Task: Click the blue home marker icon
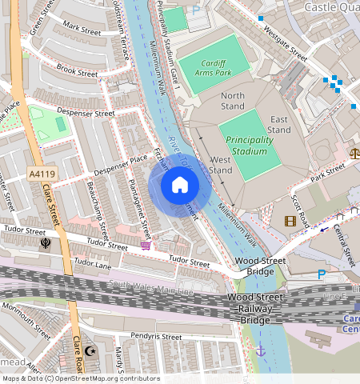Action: click(x=180, y=186)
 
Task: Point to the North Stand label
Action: click(x=232, y=101)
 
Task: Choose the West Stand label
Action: click(x=220, y=165)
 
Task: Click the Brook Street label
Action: click(x=77, y=70)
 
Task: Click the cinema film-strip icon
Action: click(x=290, y=221)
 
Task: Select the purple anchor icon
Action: click(x=259, y=350)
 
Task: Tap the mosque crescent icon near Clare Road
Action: click(x=90, y=350)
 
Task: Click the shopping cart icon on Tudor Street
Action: click(x=146, y=246)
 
